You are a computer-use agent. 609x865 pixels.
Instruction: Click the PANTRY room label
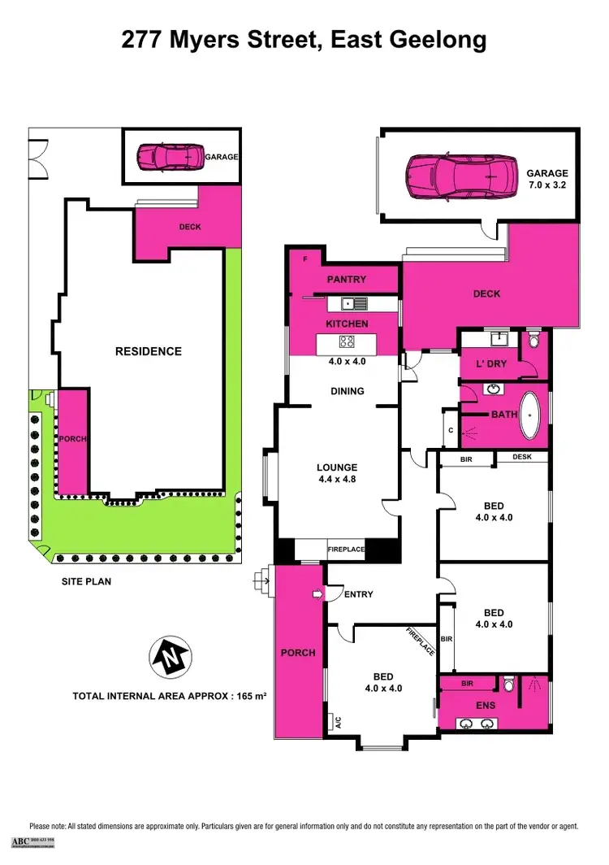point(347,280)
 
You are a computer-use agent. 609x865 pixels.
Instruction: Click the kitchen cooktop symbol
point(347,341)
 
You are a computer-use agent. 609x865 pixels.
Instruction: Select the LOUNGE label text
point(337,467)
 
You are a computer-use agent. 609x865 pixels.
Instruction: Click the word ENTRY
point(358,594)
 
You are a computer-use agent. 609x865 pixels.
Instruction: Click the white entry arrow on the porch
point(317,595)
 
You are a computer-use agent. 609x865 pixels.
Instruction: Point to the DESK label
point(522,457)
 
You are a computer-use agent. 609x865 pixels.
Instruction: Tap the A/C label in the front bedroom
point(335,720)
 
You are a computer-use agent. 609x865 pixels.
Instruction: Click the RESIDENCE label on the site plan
point(148,351)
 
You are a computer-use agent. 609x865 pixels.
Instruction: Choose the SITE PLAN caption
point(87,581)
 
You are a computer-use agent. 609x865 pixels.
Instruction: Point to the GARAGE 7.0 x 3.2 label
point(546,179)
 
